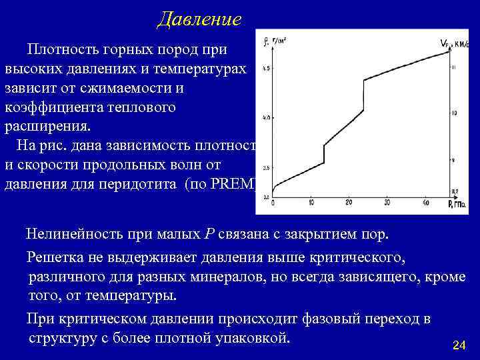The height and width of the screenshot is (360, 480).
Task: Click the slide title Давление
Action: [x=199, y=19]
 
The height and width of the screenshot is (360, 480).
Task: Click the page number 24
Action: [x=458, y=345]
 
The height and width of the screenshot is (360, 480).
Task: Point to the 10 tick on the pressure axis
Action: [x=311, y=203]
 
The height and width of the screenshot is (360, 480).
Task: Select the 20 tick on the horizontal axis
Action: [x=349, y=203]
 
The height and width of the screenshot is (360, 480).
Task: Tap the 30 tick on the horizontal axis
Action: [x=388, y=203]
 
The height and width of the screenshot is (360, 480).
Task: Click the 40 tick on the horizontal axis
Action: [x=426, y=203]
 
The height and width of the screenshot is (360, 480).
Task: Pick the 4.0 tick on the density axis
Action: [x=267, y=118]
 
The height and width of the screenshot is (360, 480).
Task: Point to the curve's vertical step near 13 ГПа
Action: [x=325, y=154]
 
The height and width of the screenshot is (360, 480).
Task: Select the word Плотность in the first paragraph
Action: [x=63, y=49]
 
